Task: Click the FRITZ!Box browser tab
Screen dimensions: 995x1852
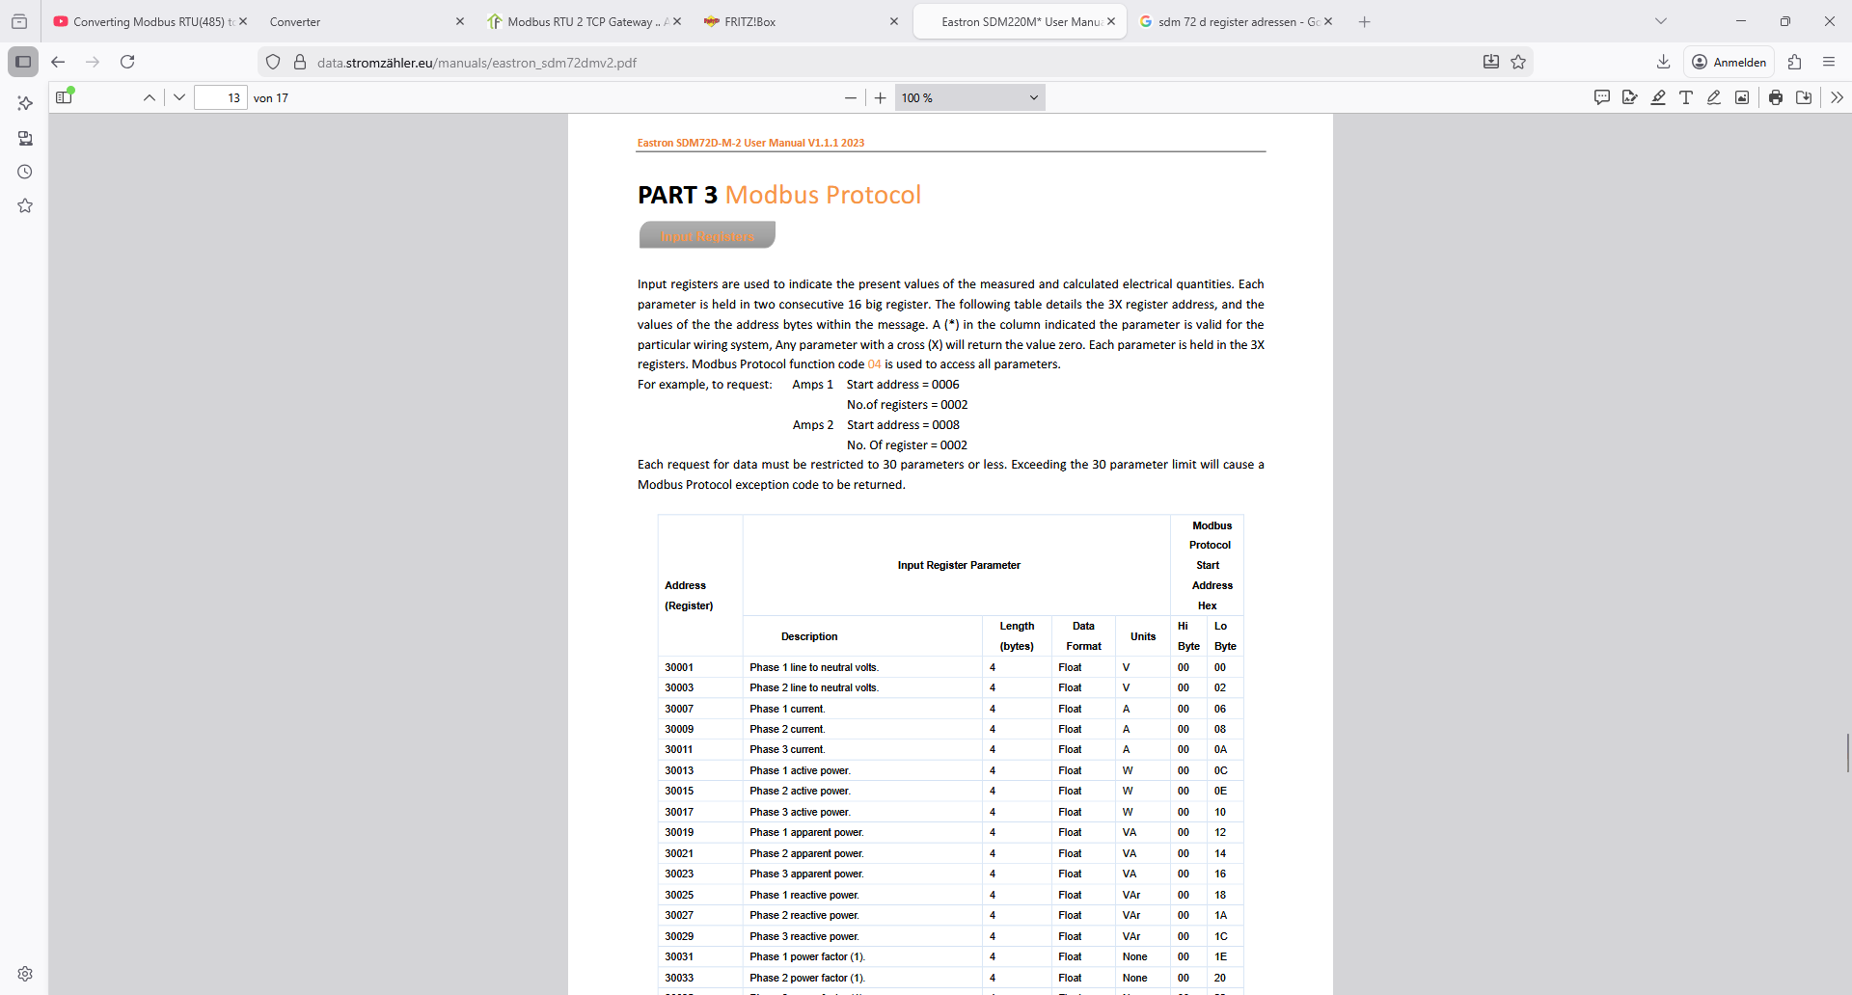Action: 749,22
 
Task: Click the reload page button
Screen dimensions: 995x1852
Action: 127,63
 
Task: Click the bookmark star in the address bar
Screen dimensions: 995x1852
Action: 1518,63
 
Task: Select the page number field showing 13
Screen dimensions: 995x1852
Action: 221,98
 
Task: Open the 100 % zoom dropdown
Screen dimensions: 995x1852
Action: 969,98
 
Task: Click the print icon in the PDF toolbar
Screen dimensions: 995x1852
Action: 1775,97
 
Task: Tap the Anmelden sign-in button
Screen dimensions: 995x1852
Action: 1729,63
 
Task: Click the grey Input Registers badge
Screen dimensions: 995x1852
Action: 707,236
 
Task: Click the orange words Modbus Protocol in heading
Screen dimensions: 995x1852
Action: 823,196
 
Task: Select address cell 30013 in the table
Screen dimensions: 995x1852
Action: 679,770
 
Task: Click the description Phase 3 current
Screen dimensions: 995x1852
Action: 787,750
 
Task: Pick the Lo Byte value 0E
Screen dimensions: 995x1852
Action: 1220,792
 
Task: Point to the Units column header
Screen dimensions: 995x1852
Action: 1143,636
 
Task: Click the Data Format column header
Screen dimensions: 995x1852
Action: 1083,636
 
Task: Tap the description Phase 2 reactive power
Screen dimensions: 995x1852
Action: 803,916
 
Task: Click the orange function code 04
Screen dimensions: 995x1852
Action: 874,364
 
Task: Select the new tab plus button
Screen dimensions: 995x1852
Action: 1364,22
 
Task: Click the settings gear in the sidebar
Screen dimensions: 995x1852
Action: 25,974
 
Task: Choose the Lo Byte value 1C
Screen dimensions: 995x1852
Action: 1220,936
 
